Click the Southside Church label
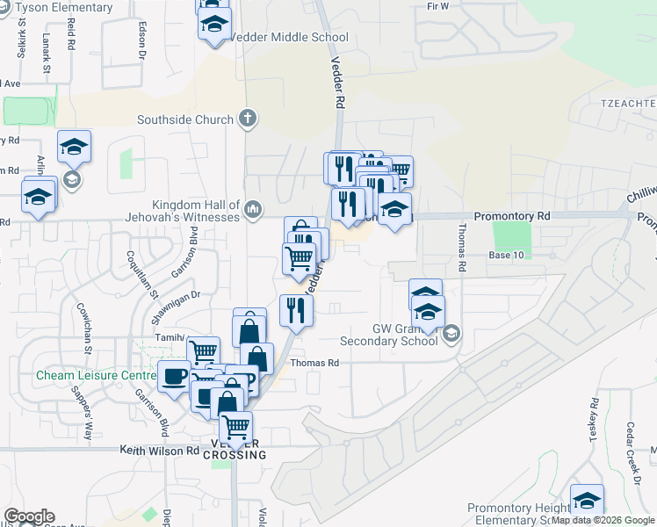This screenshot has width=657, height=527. pyautogui.click(x=185, y=119)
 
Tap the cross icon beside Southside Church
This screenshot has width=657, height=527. pyautogui.click(x=248, y=119)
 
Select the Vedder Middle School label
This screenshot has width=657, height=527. pyautogui.click(x=288, y=38)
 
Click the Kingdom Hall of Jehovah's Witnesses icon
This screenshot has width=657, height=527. pyautogui.click(x=253, y=207)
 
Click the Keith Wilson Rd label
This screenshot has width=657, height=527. pyautogui.click(x=160, y=451)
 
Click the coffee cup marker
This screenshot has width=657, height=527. pyautogui.click(x=173, y=377)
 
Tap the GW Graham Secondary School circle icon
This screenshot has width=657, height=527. pyautogui.click(x=451, y=332)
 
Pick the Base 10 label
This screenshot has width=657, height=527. pyautogui.click(x=506, y=255)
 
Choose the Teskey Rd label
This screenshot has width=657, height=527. pyautogui.click(x=595, y=418)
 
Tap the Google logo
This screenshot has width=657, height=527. pyautogui.click(x=29, y=516)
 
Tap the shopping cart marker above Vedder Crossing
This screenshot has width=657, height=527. pyautogui.click(x=235, y=428)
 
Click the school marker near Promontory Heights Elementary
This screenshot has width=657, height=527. pyautogui.click(x=587, y=501)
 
